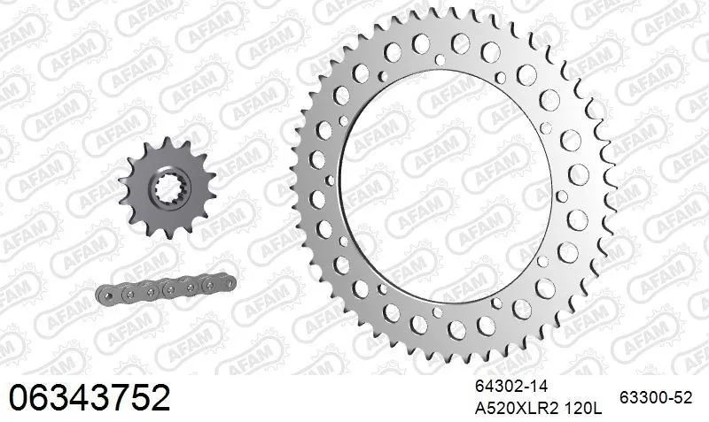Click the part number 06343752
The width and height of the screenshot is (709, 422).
point(89,398)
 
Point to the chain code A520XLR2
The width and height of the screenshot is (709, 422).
point(510,409)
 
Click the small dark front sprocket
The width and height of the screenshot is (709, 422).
point(164,188)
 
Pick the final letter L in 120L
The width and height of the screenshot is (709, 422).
point(597,409)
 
